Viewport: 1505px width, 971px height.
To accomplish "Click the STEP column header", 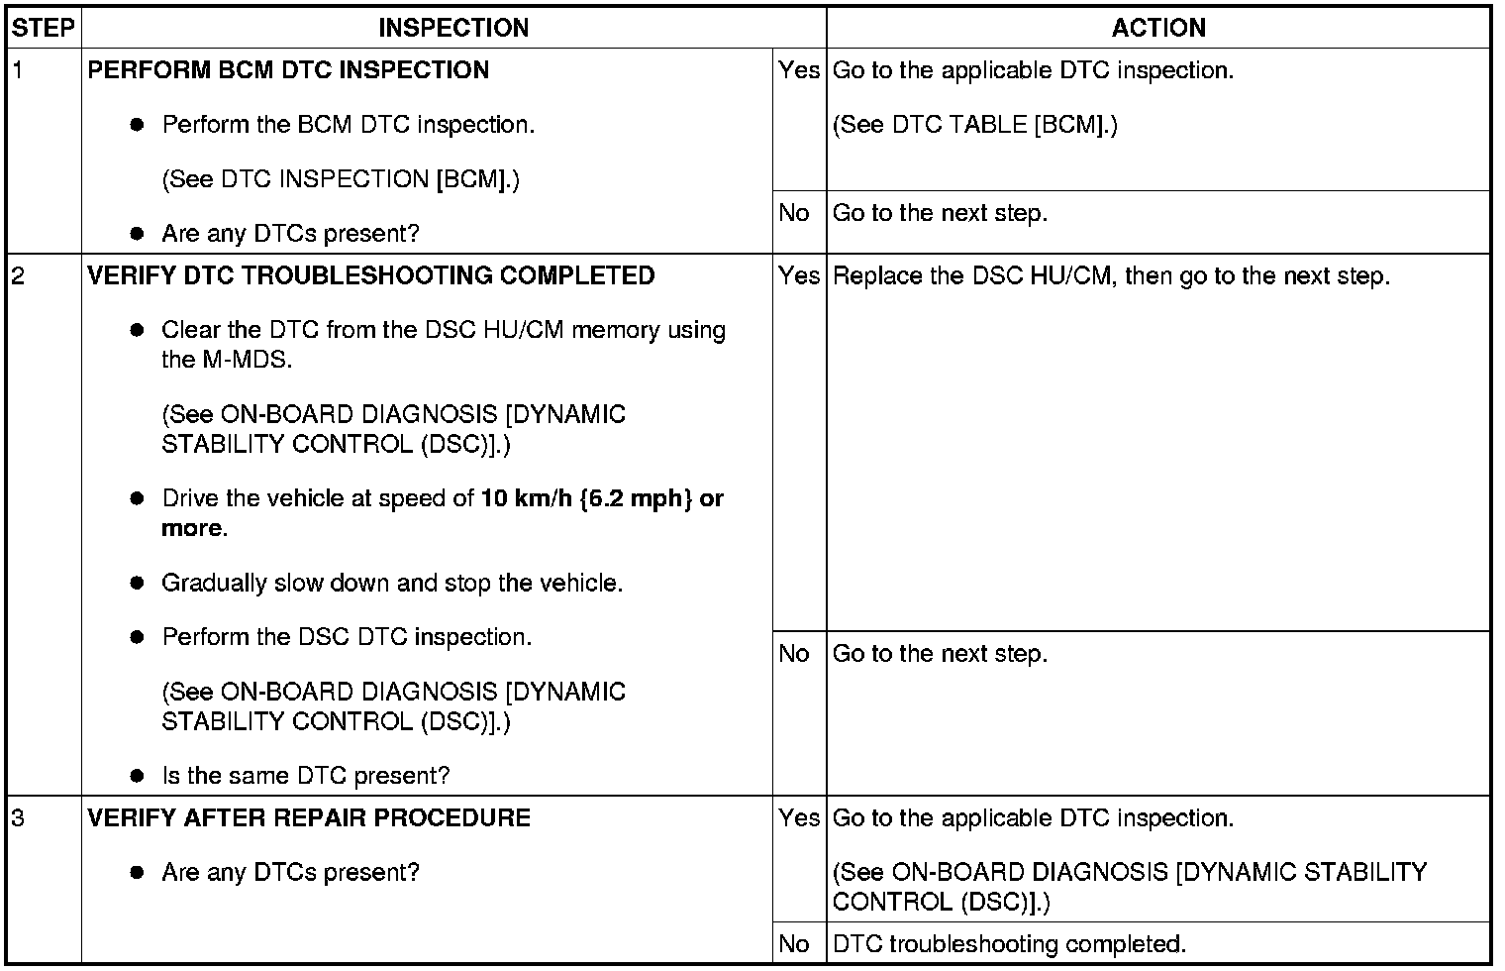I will click(x=44, y=28).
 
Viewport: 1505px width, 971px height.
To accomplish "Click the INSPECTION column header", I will click(x=453, y=28).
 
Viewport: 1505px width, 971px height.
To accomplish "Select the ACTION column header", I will click(x=1158, y=28).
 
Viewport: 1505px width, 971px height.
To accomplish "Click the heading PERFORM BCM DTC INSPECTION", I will click(x=288, y=70).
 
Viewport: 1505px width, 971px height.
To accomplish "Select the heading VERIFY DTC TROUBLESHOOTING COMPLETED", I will click(x=371, y=275).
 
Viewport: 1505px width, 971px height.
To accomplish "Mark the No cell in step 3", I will click(x=794, y=944).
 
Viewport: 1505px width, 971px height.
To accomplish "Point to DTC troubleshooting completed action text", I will click(x=1009, y=944).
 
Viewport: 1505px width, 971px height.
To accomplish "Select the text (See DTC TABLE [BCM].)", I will click(x=975, y=125).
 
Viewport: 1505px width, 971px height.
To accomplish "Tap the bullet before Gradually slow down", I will click(x=138, y=583).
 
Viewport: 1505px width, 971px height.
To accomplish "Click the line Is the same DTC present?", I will click(x=305, y=776).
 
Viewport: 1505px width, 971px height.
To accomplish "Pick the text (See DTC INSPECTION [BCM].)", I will click(x=341, y=179).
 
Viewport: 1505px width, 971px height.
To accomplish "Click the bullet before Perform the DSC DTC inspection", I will click(x=138, y=637).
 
